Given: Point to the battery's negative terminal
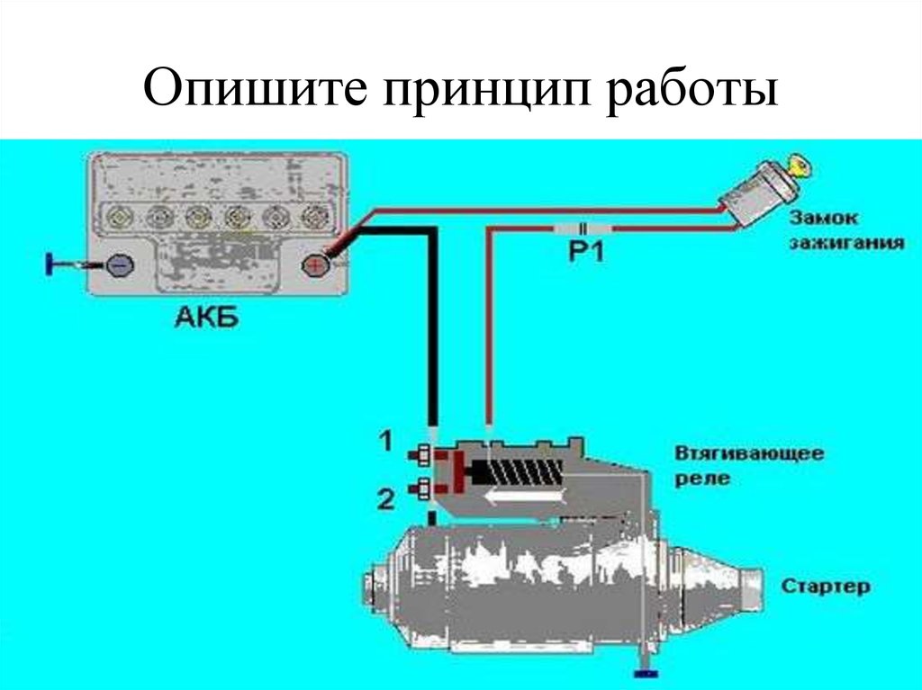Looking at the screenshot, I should coord(119,264).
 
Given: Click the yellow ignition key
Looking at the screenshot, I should coord(797,164).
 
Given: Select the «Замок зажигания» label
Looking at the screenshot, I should coord(847,230).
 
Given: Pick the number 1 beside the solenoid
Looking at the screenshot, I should coord(384,441).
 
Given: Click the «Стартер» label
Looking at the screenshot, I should coord(826,587).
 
